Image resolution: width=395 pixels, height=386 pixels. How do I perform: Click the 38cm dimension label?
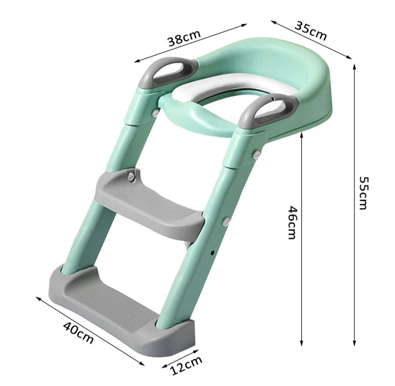[x=184, y=36]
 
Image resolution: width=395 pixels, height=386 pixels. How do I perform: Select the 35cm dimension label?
[x=310, y=31]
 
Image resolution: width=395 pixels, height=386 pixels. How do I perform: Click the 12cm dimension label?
[x=187, y=365]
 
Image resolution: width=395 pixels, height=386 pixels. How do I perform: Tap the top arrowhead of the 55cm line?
[x=354, y=67]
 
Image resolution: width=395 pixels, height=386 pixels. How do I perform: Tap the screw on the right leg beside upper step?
[x=226, y=221]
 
